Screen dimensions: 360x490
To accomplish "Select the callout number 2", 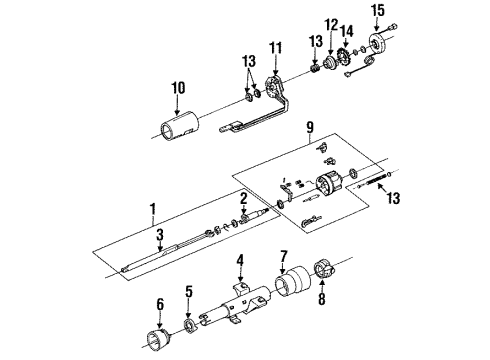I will click(242, 196).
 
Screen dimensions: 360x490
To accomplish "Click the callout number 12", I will click(331, 24).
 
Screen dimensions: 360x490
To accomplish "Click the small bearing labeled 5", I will click(187, 326).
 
